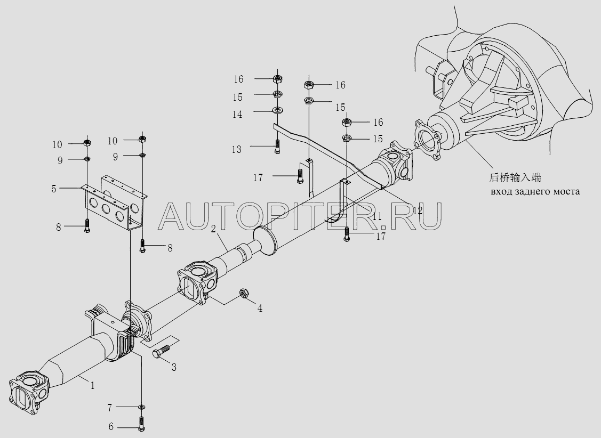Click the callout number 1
click(x=92, y=385)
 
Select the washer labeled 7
click(x=141, y=408)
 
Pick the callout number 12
click(x=417, y=210)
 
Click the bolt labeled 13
click(x=277, y=147)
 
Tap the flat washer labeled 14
click(x=277, y=110)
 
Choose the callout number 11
click(x=377, y=216)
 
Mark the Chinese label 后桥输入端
click(x=516, y=178)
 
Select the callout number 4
click(x=260, y=308)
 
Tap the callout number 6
click(x=111, y=427)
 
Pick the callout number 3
click(x=174, y=367)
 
